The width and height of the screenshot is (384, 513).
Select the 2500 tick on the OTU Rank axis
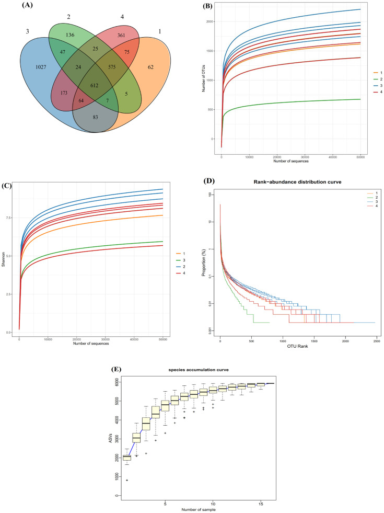(376, 341)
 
